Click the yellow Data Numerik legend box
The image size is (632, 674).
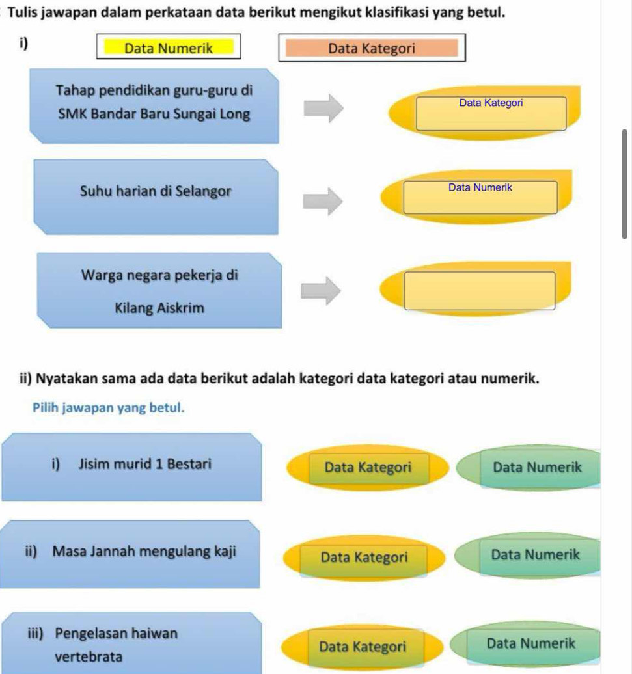[169, 47]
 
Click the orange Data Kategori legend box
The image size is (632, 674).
[372, 48]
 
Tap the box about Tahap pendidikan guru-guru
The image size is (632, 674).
[154, 105]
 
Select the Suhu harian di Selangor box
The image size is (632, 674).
[155, 196]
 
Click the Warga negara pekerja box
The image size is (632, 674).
[159, 290]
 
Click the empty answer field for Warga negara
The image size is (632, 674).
[480, 290]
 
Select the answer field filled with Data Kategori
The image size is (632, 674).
[491, 113]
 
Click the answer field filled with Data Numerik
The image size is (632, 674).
[480, 197]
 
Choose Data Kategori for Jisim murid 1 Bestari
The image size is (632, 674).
[368, 466]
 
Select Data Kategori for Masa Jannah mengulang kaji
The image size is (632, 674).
[364, 557]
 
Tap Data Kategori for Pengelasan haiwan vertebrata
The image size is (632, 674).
[363, 647]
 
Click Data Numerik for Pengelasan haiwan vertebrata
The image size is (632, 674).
[530, 643]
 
